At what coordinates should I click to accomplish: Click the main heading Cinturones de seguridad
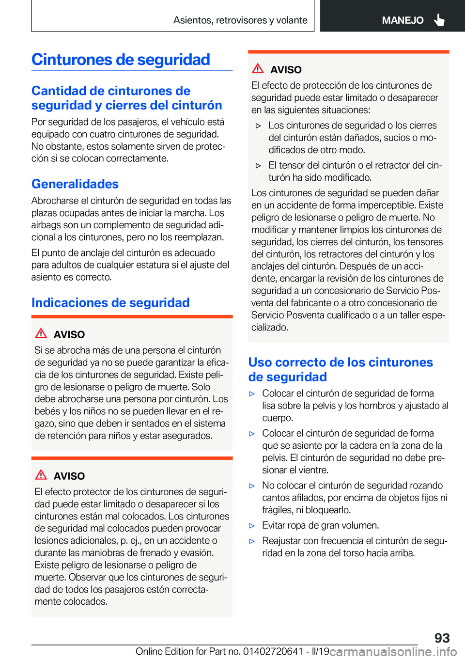tap(121, 60)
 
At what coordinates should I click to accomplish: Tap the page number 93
tap(442, 638)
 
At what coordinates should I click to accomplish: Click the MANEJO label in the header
tap(403, 20)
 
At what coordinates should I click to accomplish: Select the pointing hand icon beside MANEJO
tap(439, 20)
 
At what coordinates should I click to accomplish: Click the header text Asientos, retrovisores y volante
tap(240, 20)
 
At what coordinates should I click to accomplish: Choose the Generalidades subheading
tap(75, 184)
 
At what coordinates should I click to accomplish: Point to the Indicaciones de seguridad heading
tap(110, 303)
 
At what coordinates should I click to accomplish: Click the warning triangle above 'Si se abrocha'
tap(41, 333)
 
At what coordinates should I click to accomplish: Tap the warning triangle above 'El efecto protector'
tap(41, 475)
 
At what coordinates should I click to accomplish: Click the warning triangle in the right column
tap(258, 69)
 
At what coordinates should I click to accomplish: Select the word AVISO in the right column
tap(286, 70)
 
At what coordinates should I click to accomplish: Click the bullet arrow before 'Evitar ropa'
tap(252, 526)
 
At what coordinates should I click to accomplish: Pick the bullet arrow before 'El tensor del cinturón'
tap(258, 166)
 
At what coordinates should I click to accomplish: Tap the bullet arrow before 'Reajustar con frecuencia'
tap(252, 541)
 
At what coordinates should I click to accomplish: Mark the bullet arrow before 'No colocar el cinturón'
tap(252, 486)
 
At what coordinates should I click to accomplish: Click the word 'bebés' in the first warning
tap(47, 411)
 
